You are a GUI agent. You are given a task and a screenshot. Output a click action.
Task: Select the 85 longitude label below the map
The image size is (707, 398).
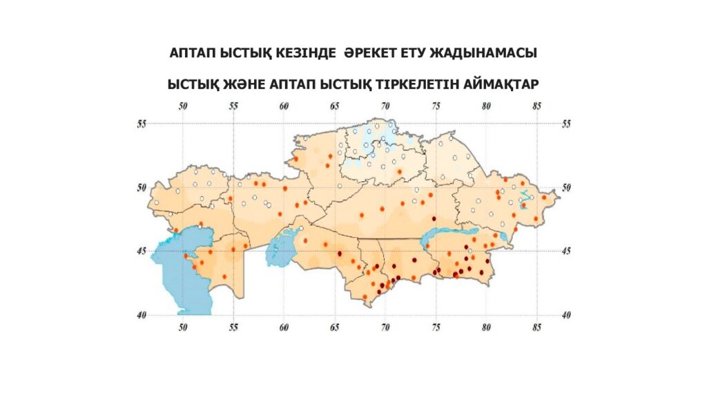point(536,328)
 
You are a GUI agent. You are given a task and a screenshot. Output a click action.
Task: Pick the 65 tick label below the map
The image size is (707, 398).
point(335,328)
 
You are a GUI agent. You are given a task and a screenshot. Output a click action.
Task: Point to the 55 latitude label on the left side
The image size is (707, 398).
point(142,123)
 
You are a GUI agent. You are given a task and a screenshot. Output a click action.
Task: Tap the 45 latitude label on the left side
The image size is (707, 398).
point(142,251)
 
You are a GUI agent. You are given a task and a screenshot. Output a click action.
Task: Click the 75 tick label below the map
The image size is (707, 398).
point(436,328)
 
